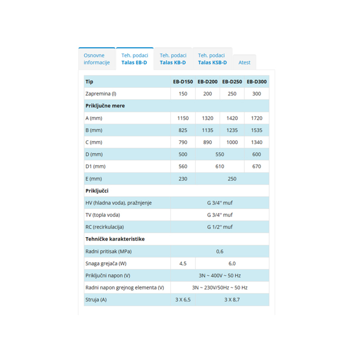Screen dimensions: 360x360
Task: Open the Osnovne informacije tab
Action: tap(97, 59)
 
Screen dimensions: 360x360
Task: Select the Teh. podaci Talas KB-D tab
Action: tap(173, 59)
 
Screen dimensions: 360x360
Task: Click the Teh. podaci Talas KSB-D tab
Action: tap(212, 59)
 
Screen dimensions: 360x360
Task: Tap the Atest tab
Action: tap(244, 62)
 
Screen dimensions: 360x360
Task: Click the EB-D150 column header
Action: tap(183, 82)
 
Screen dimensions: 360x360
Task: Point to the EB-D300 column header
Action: tap(256, 82)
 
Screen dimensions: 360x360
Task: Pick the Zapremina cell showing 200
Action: tap(207, 94)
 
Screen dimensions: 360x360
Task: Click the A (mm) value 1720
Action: tap(256, 118)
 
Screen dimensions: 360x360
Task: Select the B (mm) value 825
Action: tap(183, 130)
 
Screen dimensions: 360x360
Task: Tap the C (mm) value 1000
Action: tap(232, 142)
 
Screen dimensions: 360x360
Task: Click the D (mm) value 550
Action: tap(220, 154)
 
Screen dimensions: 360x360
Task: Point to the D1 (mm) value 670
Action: tap(256, 166)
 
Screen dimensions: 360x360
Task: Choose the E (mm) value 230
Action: tap(183, 179)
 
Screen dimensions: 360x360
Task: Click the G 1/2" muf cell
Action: tap(220, 227)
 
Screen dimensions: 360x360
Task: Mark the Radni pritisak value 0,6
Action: tap(220, 251)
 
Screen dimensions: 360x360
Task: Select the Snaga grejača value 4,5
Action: tap(183, 263)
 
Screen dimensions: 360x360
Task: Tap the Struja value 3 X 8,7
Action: tap(232, 299)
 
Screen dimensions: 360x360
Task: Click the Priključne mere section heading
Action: tap(105, 106)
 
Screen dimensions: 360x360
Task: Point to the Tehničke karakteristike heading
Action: tap(115, 239)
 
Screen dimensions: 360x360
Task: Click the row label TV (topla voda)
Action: tap(103, 215)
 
